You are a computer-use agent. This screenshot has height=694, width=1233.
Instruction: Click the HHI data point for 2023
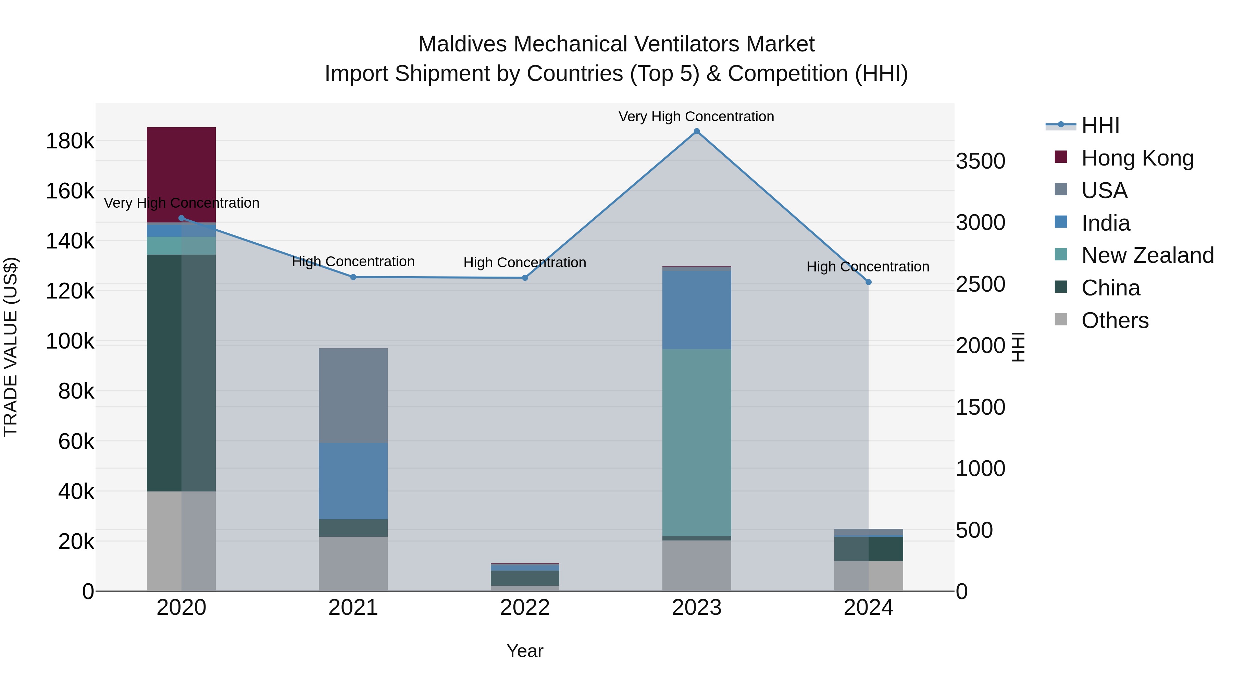(696, 131)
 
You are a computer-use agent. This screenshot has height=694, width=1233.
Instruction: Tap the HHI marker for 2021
(353, 277)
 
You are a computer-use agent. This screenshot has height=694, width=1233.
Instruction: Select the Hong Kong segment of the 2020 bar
(182, 175)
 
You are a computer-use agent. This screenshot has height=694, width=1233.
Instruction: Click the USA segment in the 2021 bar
(353, 395)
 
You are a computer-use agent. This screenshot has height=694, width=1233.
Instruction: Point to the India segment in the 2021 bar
(353, 481)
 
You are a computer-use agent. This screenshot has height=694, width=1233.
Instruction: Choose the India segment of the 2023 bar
(696, 310)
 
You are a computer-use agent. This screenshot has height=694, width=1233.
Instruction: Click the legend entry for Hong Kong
(1137, 158)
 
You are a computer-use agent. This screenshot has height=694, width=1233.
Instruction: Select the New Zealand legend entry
(1147, 255)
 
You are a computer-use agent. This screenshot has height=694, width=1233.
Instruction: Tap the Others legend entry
(1115, 320)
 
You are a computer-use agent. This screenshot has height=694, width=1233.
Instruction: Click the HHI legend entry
(1100, 125)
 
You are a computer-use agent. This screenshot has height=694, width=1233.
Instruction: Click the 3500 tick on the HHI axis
(980, 161)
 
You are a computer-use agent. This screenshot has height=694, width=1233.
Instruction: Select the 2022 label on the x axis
(525, 608)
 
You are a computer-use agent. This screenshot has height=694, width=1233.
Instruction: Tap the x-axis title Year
(525, 651)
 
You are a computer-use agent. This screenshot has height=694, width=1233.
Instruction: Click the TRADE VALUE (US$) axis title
(11, 347)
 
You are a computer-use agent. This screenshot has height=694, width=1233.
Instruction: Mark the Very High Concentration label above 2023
(696, 117)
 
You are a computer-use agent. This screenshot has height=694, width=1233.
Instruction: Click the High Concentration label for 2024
(868, 266)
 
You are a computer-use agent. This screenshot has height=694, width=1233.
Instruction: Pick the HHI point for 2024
(868, 282)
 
